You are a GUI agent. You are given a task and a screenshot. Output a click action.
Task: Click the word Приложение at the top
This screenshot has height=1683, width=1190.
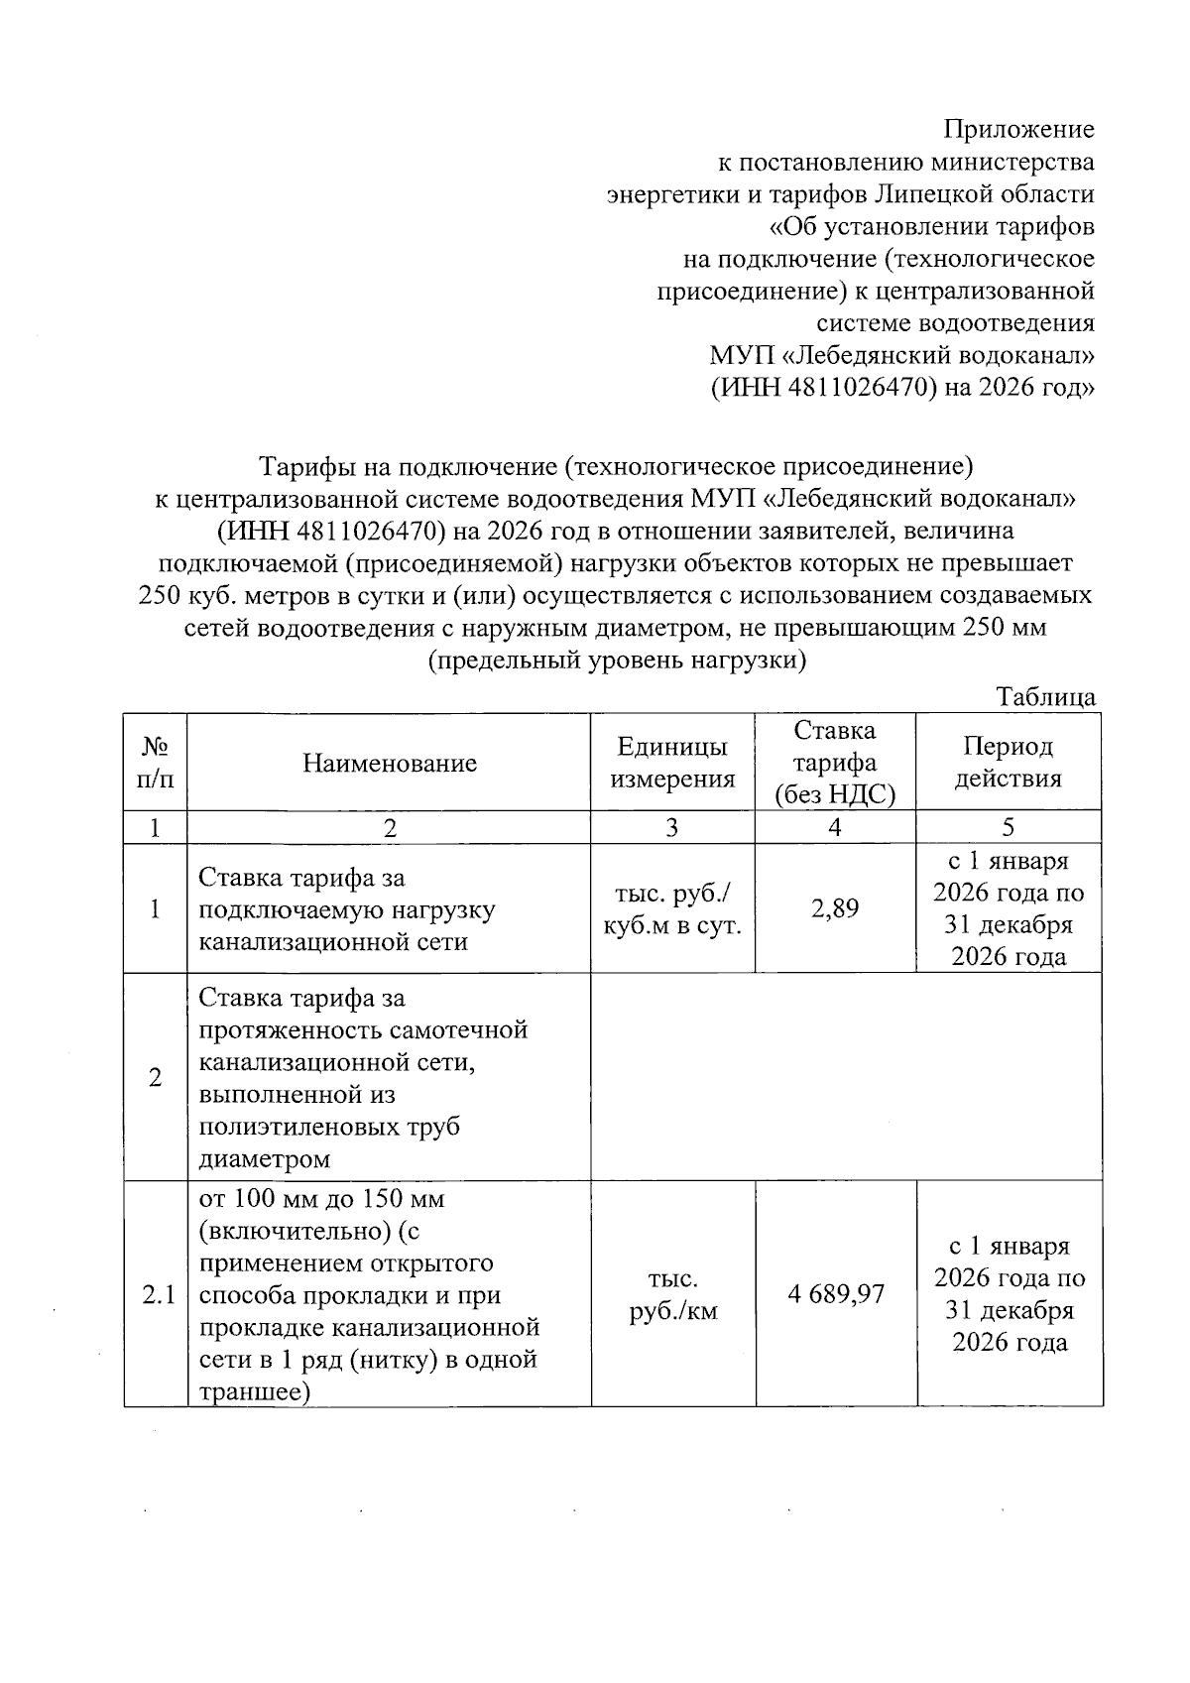point(1018,129)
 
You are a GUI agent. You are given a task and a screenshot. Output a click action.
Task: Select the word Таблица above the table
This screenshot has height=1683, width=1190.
point(1046,697)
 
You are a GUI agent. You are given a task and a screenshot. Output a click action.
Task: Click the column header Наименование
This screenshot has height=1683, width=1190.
point(389,762)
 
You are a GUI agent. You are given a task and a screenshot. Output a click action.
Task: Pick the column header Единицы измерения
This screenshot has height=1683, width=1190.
point(672,762)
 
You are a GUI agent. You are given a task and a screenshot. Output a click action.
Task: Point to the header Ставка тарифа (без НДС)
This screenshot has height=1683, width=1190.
point(835,762)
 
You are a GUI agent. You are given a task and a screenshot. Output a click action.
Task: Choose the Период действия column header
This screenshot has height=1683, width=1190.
point(1008,762)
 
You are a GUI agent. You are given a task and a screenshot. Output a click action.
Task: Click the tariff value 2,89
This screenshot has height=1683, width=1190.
point(835,907)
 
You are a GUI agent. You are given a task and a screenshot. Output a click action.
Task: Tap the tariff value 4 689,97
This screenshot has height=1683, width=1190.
point(836,1293)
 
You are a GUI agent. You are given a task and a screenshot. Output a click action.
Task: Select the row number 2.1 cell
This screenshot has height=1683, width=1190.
point(157,1293)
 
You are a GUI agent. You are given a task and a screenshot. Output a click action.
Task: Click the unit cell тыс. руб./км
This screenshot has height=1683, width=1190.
point(672,1295)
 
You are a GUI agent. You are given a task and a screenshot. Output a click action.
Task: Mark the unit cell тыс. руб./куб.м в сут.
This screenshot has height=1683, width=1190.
point(672,908)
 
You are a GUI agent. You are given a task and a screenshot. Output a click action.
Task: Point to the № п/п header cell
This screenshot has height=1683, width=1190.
point(155,762)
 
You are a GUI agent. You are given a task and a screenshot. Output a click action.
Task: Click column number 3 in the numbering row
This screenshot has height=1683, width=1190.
point(671,827)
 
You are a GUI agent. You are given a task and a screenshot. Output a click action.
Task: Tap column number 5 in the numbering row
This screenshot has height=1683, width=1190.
point(1008,827)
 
